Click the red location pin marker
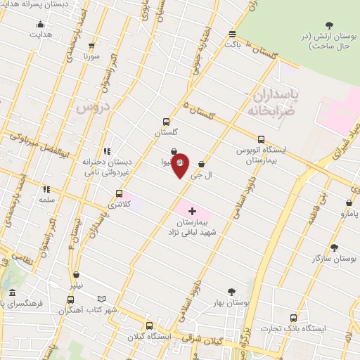(x=180, y=165)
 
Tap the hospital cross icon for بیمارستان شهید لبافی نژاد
(x=192, y=210)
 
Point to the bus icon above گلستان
(x=166, y=121)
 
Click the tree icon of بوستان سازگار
(x=333, y=247)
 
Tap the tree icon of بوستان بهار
(x=232, y=291)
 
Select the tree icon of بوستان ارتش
(x=328, y=25)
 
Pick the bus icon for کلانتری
(x=119, y=193)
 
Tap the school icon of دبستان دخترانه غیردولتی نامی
(x=107, y=150)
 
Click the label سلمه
(x=47, y=200)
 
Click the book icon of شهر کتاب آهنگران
(x=102, y=299)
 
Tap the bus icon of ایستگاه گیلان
(x=149, y=326)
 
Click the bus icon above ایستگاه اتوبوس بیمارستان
(x=262, y=139)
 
